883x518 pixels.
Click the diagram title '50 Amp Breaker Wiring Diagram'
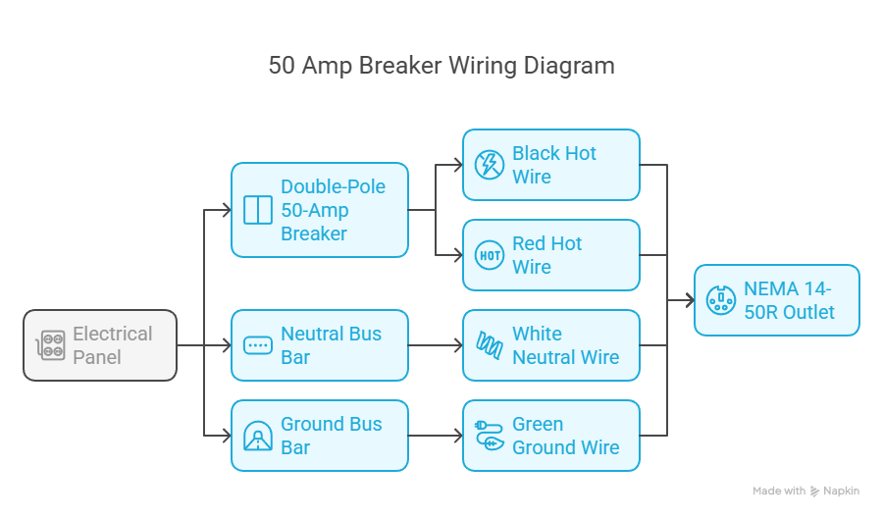pyautogui.click(x=441, y=67)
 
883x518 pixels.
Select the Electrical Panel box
pyautogui.click(x=100, y=345)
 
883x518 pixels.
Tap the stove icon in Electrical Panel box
pyautogui.click(x=51, y=345)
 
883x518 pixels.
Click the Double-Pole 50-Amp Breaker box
pyautogui.click(x=320, y=210)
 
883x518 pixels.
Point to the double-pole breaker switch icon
pyautogui.click(x=258, y=210)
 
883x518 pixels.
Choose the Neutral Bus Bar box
pyautogui.click(x=320, y=345)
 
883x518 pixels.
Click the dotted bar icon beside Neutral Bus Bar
pyautogui.click(x=258, y=345)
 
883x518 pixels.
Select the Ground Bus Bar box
pyautogui.click(x=320, y=436)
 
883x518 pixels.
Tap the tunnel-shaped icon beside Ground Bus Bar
pyautogui.click(x=258, y=436)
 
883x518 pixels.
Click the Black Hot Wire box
pyautogui.click(x=551, y=165)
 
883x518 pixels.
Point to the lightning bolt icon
pyautogui.click(x=490, y=165)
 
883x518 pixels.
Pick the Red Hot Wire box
pyautogui.click(x=551, y=255)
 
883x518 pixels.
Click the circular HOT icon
pyautogui.click(x=490, y=255)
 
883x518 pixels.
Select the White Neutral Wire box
pyautogui.click(x=551, y=345)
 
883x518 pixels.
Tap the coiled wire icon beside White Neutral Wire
pyautogui.click(x=490, y=345)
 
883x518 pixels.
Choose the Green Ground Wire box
pyautogui.click(x=551, y=436)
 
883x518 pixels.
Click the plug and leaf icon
pyautogui.click(x=490, y=436)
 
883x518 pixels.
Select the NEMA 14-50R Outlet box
pyautogui.click(x=777, y=300)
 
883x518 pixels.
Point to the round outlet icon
pyautogui.click(x=721, y=300)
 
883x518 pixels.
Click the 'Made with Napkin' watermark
pyautogui.click(x=805, y=491)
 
